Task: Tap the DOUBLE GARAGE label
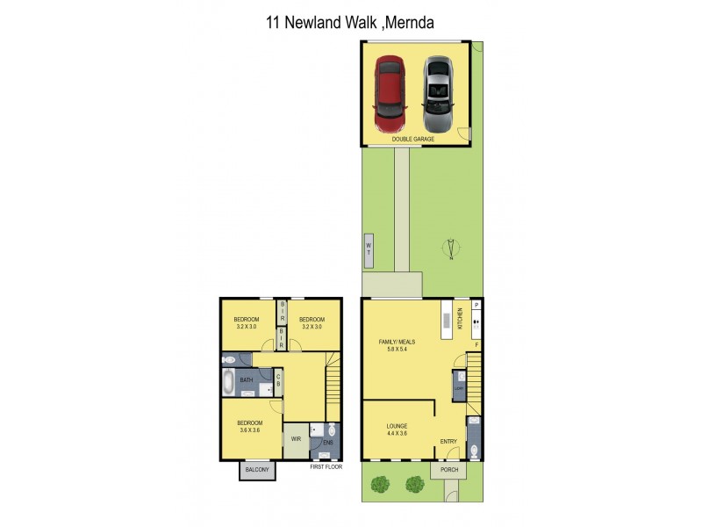click(412, 139)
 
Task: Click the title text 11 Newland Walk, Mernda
click(350, 21)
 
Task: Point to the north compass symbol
click(450, 249)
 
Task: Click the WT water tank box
click(369, 249)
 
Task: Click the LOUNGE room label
click(398, 425)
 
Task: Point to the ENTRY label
click(449, 442)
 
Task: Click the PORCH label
click(448, 470)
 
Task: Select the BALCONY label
click(258, 472)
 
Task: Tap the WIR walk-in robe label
click(296, 437)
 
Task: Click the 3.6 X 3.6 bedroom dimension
click(250, 430)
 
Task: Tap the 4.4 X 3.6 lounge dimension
click(398, 433)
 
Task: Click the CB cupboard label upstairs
click(277, 380)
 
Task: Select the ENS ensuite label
click(326, 443)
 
